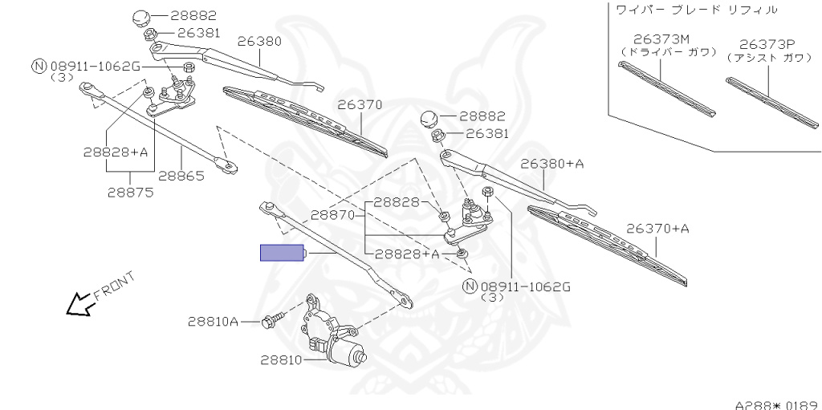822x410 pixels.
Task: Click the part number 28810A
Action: (x=214, y=322)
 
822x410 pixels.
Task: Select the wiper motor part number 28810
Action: (x=280, y=360)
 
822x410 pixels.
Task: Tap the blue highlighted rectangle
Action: (x=281, y=253)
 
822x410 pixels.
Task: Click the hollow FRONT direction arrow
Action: (x=79, y=304)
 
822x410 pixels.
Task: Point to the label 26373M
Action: (x=661, y=39)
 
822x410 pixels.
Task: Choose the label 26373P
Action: (x=767, y=44)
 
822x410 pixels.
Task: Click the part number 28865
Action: (x=181, y=176)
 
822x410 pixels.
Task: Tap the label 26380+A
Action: (x=551, y=164)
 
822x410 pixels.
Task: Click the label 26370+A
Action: (x=657, y=229)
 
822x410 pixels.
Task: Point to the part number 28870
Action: (x=333, y=215)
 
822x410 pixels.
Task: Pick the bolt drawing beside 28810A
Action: (x=271, y=322)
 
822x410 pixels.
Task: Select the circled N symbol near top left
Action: (x=38, y=66)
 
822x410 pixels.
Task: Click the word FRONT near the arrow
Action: (x=114, y=285)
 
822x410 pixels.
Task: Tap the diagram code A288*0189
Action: (x=776, y=404)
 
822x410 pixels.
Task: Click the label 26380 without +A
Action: (x=258, y=40)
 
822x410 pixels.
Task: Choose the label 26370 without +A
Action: (x=359, y=104)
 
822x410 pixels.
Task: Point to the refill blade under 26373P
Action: (x=771, y=101)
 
